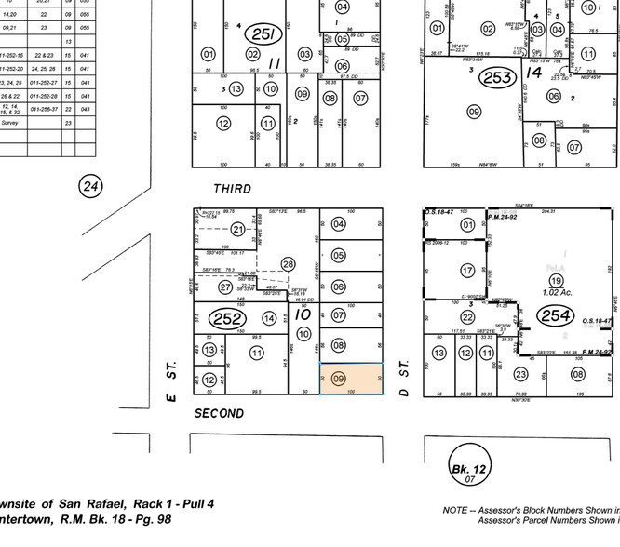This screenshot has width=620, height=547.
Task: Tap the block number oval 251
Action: coord(263,34)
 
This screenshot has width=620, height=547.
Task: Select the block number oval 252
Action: coord(228,318)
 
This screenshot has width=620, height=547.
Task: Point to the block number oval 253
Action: coord(497,76)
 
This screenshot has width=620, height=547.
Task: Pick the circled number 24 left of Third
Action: coord(90,186)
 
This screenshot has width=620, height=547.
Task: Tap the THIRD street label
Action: coord(232,189)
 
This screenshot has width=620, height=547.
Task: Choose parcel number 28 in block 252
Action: coord(288,265)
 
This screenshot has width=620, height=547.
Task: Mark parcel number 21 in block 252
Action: coord(238,230)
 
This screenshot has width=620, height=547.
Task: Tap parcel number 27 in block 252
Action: coord(225,287)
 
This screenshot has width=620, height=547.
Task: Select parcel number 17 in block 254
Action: coord(468,271)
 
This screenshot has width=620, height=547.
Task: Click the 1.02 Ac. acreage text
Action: coord(556,293)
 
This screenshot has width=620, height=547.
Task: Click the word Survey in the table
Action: coord(10,122)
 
